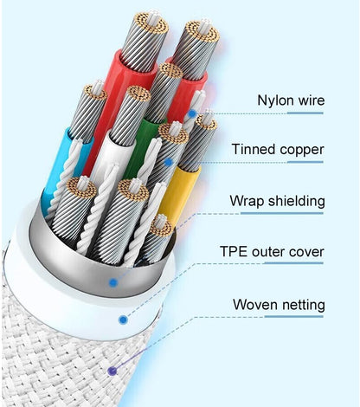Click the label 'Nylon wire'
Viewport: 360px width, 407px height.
291,100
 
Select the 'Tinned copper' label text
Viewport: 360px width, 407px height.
278,150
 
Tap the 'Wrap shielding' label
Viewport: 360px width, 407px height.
277,201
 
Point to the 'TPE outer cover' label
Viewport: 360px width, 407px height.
272,251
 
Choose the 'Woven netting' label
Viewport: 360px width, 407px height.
279,305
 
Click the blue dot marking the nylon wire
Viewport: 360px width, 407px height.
192,113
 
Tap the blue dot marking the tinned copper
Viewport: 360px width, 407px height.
169,162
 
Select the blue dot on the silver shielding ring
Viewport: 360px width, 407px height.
113,282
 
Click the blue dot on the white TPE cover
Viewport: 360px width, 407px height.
123,320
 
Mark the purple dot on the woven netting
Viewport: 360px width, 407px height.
112,371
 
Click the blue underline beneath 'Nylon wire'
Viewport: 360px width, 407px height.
305,113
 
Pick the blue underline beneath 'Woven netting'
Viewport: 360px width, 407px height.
294,317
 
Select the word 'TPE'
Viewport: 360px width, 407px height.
234,251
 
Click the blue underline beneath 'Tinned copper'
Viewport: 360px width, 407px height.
305,162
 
